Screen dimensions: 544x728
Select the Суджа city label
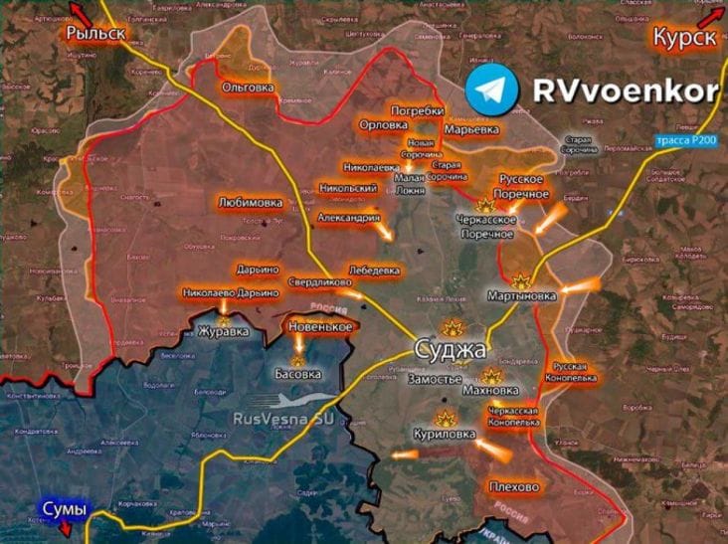[x=451, y=351]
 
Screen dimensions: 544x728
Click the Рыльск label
[x=95, y=33]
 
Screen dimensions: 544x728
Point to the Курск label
[x=685, y=38]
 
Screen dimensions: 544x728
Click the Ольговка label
[x=248, y=88]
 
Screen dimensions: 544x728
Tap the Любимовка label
[x=250, y=203]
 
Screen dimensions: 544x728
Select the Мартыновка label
[x=522, y=296]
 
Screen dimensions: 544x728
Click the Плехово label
[x=514, y=486]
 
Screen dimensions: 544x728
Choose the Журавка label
[x=221, y=331]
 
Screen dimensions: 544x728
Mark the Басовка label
[x=298, y=374]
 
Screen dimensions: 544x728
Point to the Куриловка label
[x=445, y=434]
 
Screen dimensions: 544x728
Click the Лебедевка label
[x=375, y=270]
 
